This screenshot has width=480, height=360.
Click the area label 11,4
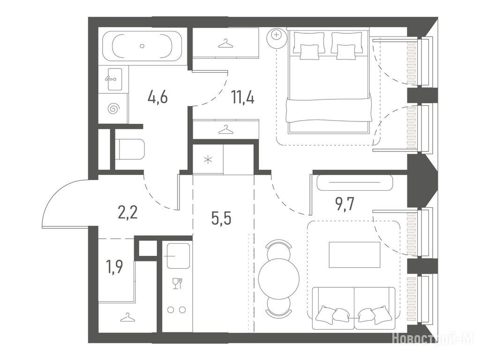click(243, 97)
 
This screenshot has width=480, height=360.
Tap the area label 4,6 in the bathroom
click(157, 97)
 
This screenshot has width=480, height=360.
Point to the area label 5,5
click(221, 218)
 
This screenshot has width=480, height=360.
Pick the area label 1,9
click(114, 267)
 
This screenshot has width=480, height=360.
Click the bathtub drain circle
click(142, 46)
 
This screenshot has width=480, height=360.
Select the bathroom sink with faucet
click(115, 79)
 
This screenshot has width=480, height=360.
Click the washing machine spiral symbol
click(113, 108)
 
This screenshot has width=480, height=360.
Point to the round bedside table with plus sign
click(277, 37)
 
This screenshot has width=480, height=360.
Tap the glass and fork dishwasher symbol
click(178, 284)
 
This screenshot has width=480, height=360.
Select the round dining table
click(278, 278)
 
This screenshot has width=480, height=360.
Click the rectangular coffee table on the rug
click(354, 255)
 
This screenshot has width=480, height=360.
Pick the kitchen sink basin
click(178, 256)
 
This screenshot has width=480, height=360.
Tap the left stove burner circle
click(171, 310)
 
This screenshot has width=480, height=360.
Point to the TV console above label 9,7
click(354, 182)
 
